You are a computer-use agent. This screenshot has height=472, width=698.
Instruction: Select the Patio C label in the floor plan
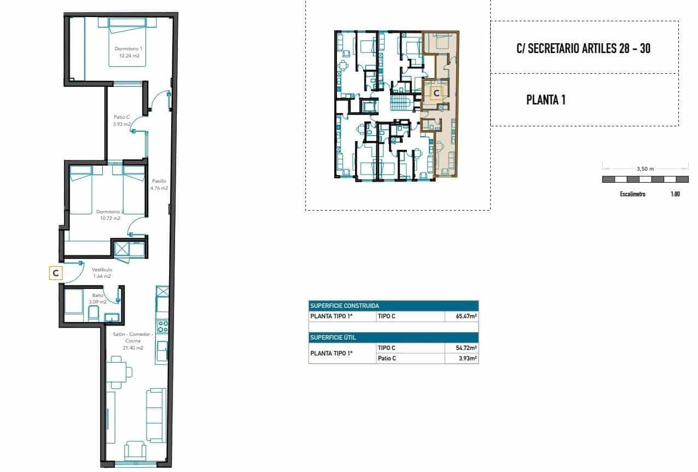(121, 116)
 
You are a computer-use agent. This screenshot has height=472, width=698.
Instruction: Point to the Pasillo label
(159, 181)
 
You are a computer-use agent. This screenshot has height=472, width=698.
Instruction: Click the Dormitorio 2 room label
(110, 211)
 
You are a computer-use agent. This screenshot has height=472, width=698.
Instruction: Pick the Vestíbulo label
(102, 270)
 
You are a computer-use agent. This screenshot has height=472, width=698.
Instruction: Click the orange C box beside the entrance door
(55, 272)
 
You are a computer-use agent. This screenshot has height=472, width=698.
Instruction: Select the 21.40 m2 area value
(132, 348)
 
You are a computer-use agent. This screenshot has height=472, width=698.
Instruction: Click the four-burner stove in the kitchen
(162, 327)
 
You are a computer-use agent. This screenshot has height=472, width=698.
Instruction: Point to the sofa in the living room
(156, 416)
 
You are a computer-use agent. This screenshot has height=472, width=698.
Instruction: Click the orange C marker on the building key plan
(436, 94)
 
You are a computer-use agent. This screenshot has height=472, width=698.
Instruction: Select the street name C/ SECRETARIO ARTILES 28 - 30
(583, 48)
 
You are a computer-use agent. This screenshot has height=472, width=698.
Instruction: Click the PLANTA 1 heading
(545, 100)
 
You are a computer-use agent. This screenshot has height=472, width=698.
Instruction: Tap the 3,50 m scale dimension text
(645, 169)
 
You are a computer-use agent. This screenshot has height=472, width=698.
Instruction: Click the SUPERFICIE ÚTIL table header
(333, 337)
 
